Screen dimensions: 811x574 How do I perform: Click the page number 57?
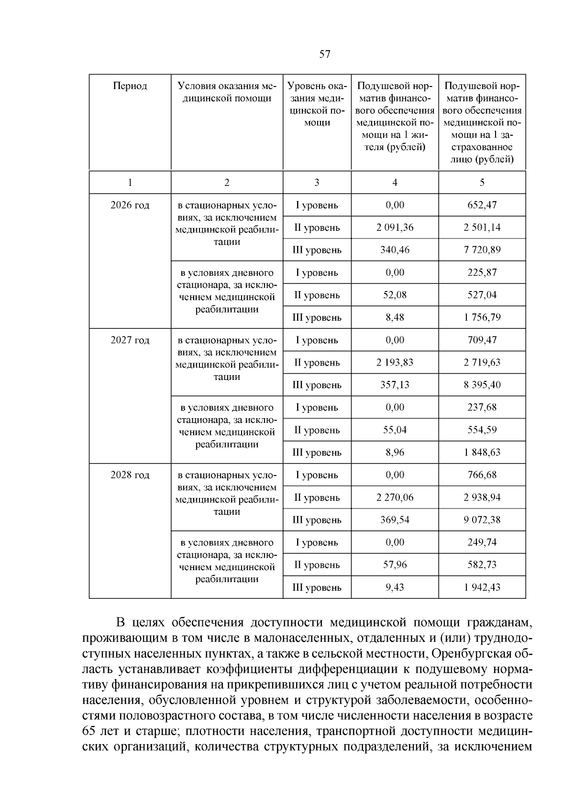coord(324,54)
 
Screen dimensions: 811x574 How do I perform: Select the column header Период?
coord(130,86)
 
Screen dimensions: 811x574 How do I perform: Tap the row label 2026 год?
coord(130,205)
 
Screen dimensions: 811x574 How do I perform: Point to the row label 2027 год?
coord(130,340)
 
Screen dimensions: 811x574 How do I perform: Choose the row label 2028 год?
coord(130,475)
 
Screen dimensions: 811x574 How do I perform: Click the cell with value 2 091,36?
coord(395,227)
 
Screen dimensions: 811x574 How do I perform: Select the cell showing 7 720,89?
coord(482,250)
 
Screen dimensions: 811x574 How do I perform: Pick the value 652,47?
coord(482,205)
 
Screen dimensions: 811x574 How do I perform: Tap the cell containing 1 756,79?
coord(482,317)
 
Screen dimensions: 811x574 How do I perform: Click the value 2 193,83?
coord(395,362)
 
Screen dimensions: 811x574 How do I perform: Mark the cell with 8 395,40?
coord(482,385)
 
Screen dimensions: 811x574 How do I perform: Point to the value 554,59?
coord(482,430)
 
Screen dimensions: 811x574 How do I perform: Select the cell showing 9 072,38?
coord(482,520)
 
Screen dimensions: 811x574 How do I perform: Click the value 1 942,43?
coord(482,587)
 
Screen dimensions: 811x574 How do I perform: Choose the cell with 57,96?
coord(395,565)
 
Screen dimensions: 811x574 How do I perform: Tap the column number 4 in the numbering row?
coord(395,182)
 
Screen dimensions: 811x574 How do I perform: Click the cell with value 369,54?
coord(395,520)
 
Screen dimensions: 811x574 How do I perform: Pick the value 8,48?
coord(395,317)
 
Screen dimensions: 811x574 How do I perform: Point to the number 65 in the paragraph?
coord(89,732)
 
